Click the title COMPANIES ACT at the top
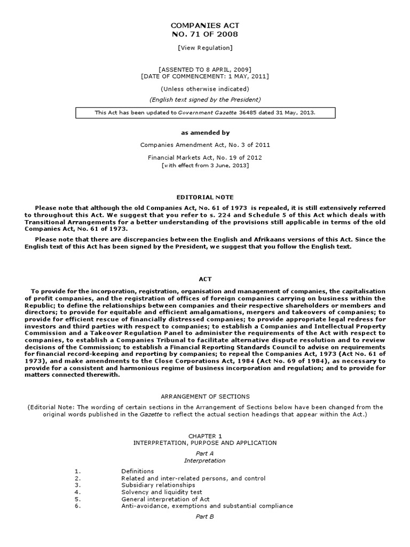point(205,25)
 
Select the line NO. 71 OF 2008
point(205,34)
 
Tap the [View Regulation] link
point(205,48)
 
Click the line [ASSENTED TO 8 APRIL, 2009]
point(205,69)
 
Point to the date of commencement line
point(205,76)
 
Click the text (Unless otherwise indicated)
point(205,89)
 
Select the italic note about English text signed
point(205,99)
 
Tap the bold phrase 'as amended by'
point(205,132)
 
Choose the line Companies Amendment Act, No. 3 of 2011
point(205,145)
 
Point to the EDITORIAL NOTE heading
point(205,197)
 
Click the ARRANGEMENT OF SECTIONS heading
point(205,396)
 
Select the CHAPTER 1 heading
point(205,436)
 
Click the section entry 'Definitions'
point(138,471)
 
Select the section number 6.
point(77,506)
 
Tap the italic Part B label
point(205,517)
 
